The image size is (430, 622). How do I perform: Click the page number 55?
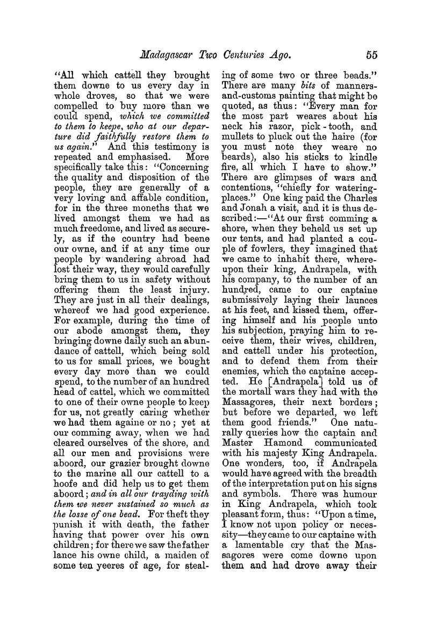(371, 54)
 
